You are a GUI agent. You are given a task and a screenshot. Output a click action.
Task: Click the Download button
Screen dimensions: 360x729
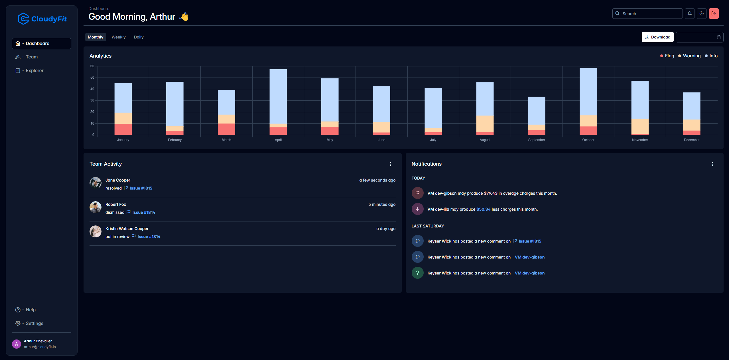coord(657,37)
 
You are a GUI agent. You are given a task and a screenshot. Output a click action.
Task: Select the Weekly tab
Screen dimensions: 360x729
coord(118,37)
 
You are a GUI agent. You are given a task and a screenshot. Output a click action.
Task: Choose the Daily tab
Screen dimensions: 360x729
coord(139,37)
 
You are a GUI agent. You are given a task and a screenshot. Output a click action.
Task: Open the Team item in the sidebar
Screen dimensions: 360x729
coord(32,57)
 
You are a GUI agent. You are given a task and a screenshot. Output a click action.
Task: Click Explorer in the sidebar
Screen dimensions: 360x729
coord(34,71)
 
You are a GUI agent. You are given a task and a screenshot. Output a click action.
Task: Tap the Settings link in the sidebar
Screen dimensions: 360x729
coord(34,323)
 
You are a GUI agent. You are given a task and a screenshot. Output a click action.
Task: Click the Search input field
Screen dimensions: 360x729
coord(650,14)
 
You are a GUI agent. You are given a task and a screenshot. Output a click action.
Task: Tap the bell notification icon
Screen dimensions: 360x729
coord(690,13)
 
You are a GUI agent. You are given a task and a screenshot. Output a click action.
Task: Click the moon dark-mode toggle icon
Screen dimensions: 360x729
coord(702,13)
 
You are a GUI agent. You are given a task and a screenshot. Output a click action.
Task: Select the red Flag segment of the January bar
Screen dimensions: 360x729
coord(123,129)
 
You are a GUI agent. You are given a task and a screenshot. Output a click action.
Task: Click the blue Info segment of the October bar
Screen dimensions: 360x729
coord(588,91)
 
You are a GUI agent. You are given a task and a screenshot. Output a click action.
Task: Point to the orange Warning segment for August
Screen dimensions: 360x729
coord(485,124)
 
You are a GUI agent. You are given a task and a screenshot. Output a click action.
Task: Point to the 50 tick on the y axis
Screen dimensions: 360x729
coord(92,78)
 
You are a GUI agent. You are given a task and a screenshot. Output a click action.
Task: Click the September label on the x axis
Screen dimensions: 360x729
coord(536,140)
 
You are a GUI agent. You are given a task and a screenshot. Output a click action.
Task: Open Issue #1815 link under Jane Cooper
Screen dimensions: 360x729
coord(141,188)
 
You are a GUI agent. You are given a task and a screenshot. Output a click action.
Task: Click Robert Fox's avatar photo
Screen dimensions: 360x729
coord(96,207)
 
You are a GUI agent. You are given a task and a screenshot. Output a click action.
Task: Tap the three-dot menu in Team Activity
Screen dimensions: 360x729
coord(391,164)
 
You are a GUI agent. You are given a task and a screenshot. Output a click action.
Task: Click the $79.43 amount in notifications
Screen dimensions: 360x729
coord(490,193)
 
